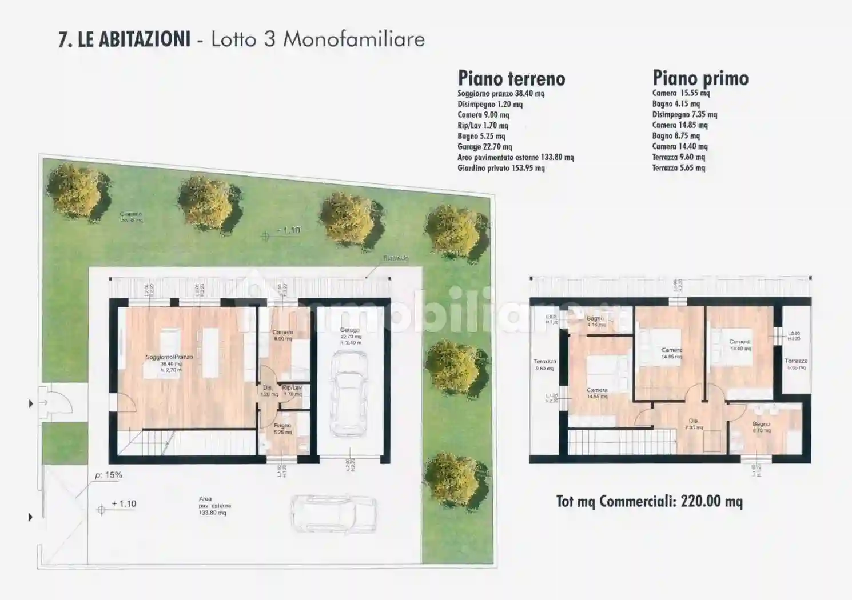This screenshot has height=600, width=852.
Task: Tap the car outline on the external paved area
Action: tap(335, 512)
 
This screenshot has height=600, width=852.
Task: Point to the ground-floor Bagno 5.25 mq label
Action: tap(282, 429)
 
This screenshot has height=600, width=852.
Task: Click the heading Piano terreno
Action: tap(511, 78)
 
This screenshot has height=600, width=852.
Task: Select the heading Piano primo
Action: tap(700, 78)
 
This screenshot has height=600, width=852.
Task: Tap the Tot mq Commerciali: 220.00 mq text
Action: tap(649, 501)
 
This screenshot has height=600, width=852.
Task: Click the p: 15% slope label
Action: tap(109, 475)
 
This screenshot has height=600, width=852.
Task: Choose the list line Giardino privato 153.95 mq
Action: tap(501, 168)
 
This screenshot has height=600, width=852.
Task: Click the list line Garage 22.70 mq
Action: tap(484, 147)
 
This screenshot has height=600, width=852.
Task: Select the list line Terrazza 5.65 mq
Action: tap(678, 168)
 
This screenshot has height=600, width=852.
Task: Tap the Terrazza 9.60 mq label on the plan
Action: tap(544, 365)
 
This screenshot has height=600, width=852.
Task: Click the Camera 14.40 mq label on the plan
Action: tap(740, 345)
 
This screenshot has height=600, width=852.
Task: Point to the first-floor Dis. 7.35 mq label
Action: tap(693, 424)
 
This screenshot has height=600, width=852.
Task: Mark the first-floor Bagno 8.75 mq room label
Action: tap(761, 427)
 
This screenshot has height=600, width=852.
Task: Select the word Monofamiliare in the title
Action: tap(354, 39)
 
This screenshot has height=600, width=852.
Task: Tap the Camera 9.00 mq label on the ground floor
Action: tap(282, 335)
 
